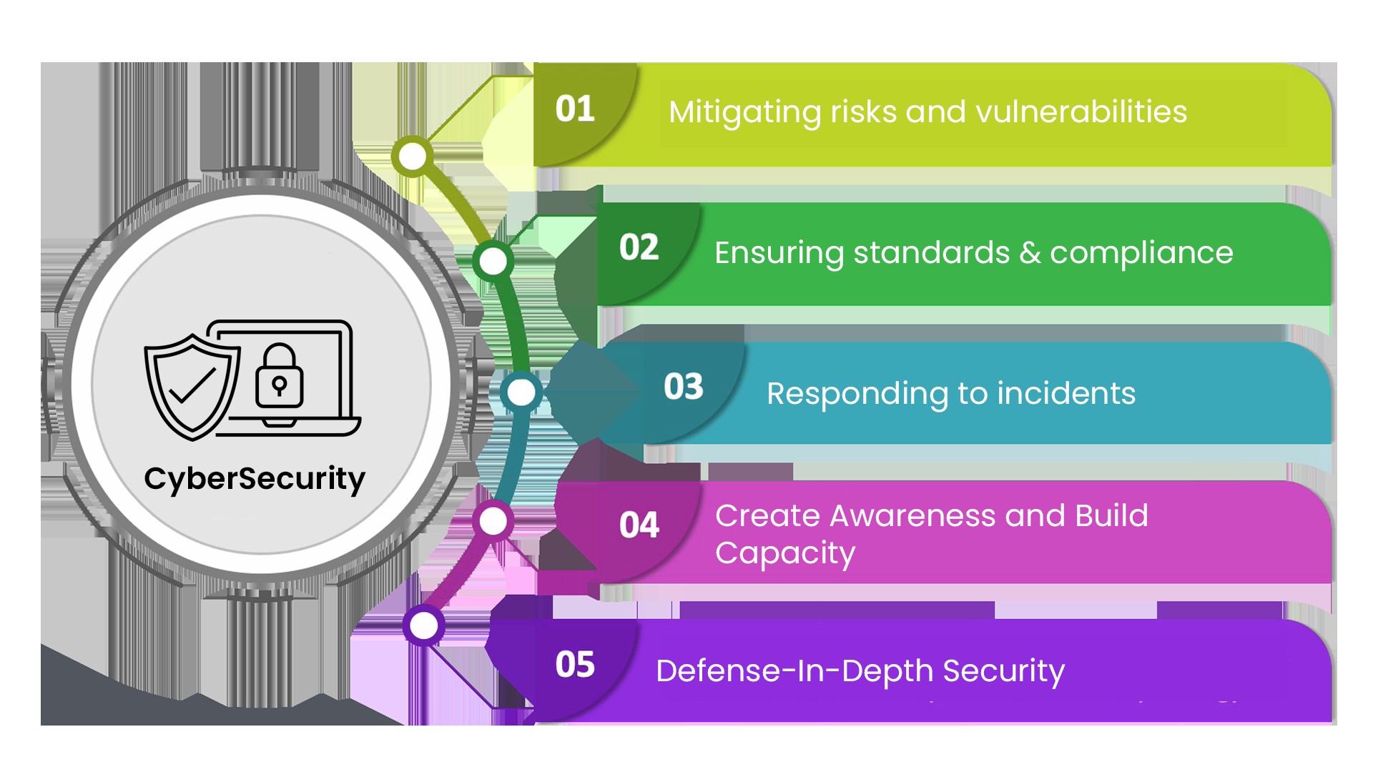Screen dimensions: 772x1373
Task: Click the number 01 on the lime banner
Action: coord(575,109)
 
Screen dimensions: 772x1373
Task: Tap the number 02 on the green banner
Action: coord(639,248)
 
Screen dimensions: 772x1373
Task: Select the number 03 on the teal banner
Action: coord(683,387)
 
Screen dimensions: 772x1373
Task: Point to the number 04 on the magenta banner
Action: coord(639,525)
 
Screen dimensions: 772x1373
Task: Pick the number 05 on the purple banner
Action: coord(575,665)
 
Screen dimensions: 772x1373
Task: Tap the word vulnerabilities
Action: coord(1081,112)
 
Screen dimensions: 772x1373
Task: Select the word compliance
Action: coord(1141,253)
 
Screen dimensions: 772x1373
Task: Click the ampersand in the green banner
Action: coord(1030,253)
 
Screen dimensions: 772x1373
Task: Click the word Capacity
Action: coord(785,553)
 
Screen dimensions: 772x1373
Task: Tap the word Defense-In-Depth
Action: coord(794,671)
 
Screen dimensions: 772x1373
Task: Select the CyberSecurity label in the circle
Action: coord(255,479)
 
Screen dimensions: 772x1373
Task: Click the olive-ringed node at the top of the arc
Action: coord(413,157)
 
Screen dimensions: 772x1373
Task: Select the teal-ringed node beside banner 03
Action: coord(521,392)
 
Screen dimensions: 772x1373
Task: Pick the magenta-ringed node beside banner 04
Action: coord(493,521)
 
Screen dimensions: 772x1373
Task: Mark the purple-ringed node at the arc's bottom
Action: coord(424,626)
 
